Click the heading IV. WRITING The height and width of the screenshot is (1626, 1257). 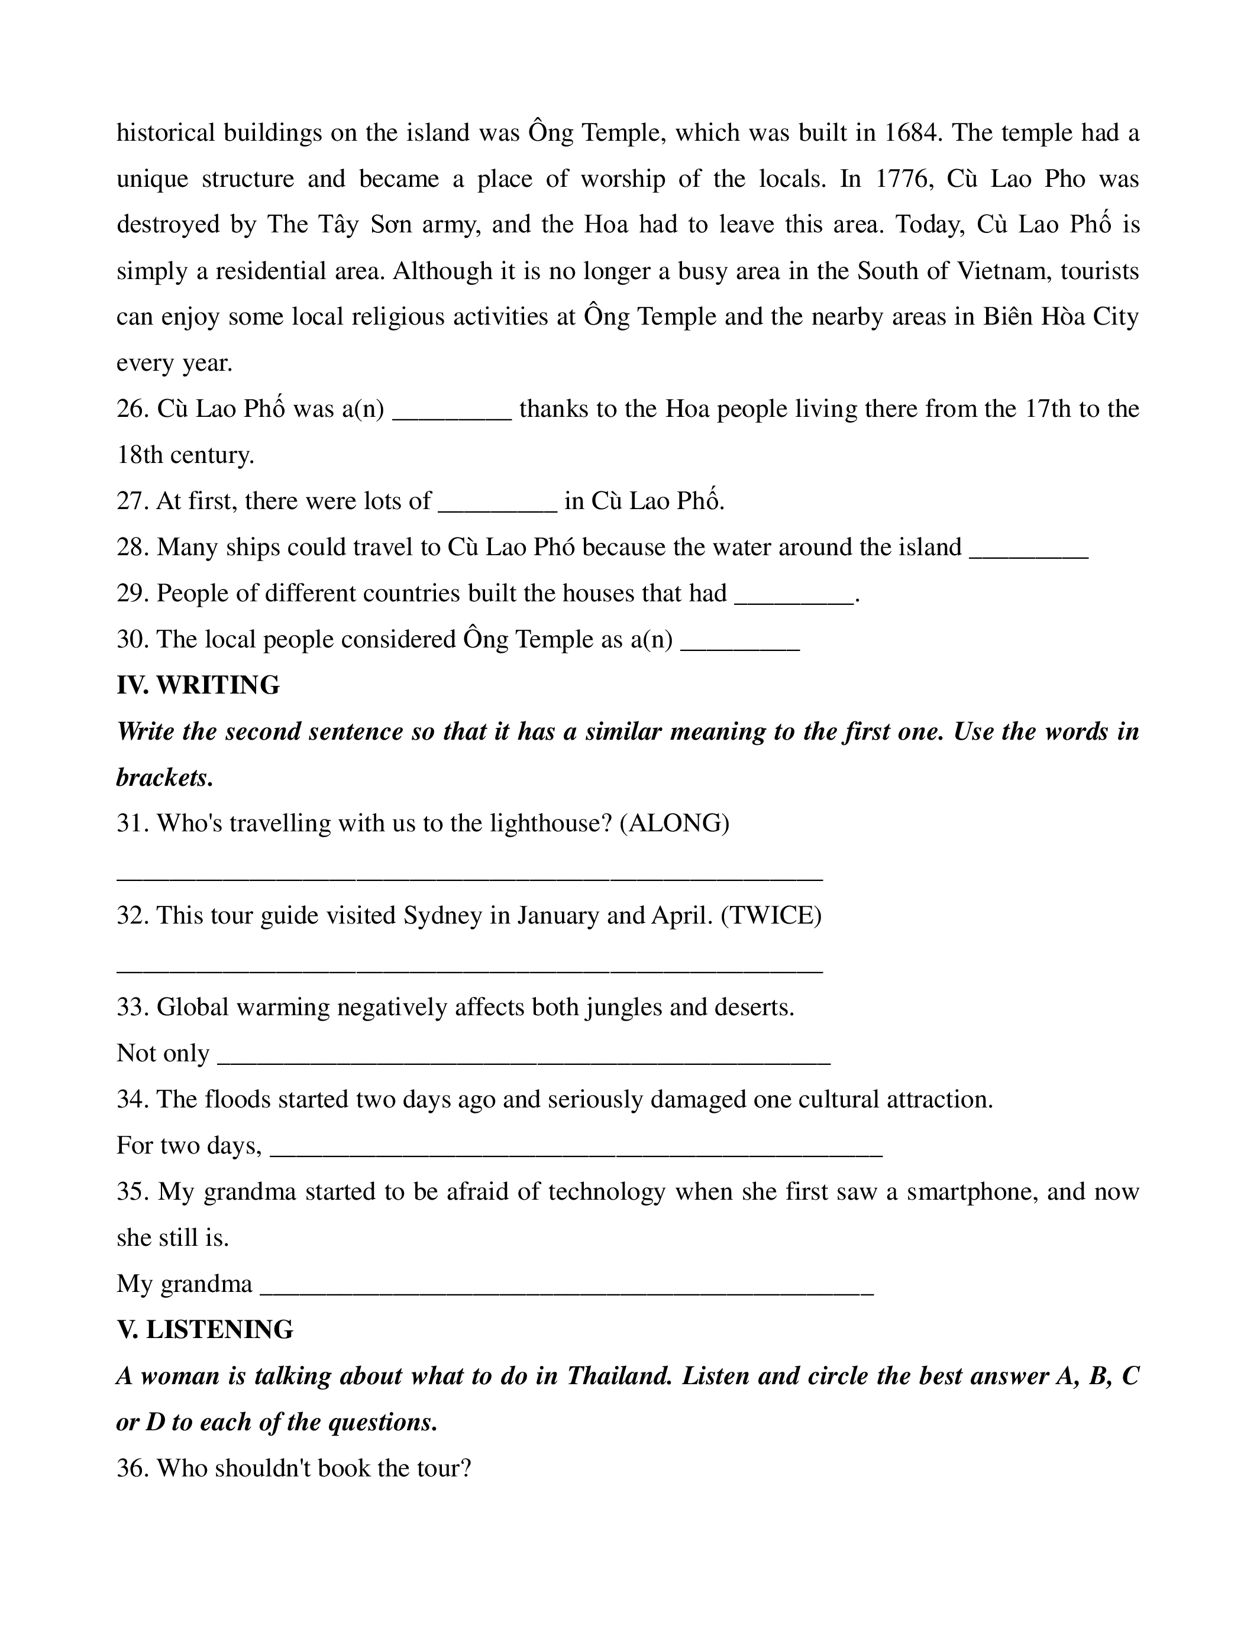click(198, 685)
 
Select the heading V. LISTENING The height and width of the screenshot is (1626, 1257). click(205, 1330)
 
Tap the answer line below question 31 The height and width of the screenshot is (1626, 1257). click(470, 879)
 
